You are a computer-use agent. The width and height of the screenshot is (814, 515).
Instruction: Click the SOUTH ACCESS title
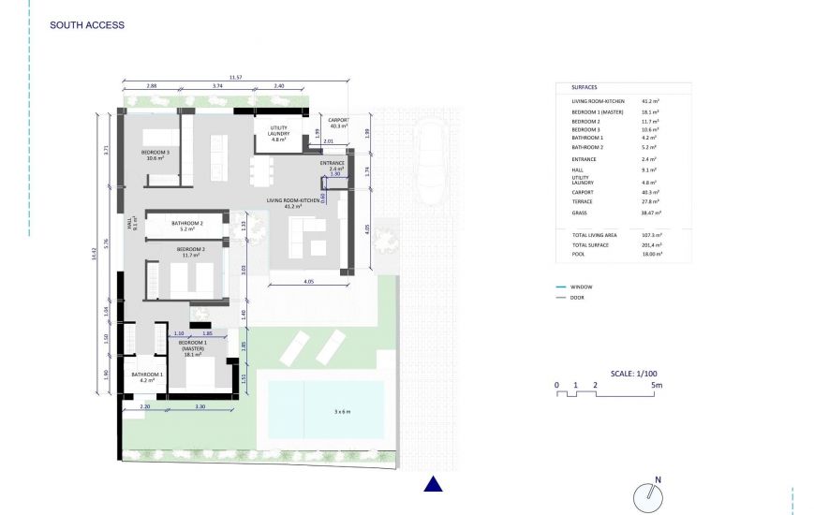click(x=86, y=25)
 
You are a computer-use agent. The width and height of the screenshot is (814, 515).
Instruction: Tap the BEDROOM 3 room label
click(x=155, y=154)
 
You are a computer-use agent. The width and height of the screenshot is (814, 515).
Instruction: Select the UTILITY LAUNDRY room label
click(x=278, y=133)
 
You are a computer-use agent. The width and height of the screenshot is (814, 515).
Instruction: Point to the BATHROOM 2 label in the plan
click(x=187, y=226)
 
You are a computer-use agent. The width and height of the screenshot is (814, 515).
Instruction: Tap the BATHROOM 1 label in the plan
click(x=147, y=378)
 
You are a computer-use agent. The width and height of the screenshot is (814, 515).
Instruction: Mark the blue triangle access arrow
click(x=433, y=484)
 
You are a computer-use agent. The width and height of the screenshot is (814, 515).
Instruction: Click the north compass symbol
click(x=645, y=496)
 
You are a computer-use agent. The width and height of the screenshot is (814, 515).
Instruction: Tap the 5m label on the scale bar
click(x=658, y=385)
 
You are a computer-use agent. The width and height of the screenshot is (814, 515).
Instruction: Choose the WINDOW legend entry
click(x=581, y=287)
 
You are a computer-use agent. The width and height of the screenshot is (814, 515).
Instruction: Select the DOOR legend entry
click(x=578, y=297)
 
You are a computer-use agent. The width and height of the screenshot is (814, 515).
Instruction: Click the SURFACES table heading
click(x=584, y=87)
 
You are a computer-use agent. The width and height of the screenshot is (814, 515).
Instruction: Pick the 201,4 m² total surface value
click(x=651, y=243)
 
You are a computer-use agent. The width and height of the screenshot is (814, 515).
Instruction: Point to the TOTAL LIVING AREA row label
click(x=596, y=235)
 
